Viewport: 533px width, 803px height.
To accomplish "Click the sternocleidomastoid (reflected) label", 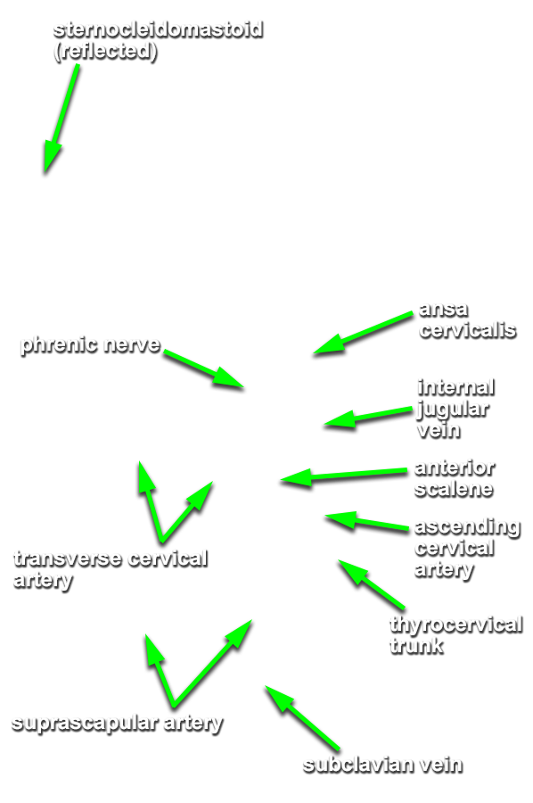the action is tap(158, 40).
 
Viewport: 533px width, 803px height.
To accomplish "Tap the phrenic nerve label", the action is tap(91, 345).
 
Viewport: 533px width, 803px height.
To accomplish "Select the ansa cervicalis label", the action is tap(467, 320).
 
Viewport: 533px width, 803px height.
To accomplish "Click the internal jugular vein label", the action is tap(455, 409).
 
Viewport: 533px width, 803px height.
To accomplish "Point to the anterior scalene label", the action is tap(455, 478).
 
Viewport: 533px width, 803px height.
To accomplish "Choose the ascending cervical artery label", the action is tap(467, 548).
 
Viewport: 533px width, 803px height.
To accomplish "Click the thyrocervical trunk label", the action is tap(455, 634).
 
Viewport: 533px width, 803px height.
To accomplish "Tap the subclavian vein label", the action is tap(382, 766).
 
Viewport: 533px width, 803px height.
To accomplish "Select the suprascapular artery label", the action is tap(117, 724).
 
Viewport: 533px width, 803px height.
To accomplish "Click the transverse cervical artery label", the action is tap(111, 569).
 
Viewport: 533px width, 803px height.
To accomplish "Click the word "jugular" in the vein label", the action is tap(453, 410).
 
